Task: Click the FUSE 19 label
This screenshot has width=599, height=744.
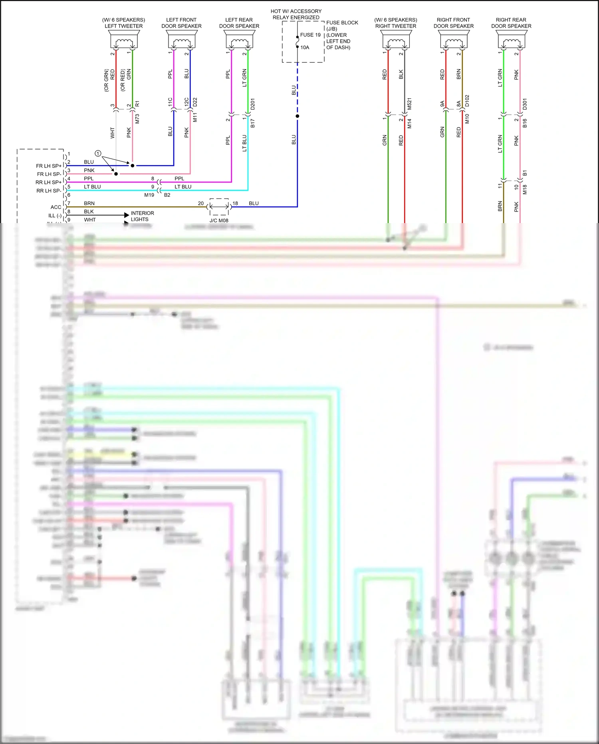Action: tap(310, 35)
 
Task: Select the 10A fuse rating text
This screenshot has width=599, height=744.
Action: tap(305, 48)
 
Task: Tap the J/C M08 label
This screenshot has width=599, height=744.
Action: tap(219, 220)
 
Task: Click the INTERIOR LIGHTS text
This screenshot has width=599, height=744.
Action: tap(142, 216)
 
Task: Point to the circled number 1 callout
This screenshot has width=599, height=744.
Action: tap(98, 154)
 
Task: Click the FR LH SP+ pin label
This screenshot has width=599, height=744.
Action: tap(49, 166)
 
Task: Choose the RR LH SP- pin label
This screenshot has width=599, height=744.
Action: tap(49, 191)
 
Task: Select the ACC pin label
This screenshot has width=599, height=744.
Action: tap(56, 207)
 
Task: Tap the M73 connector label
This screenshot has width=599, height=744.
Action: tap(137, 118)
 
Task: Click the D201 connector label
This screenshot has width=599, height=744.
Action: tap(252, 104)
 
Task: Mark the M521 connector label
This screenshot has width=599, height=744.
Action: tap(409, 104)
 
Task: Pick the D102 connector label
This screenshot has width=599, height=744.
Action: tap(467, 101)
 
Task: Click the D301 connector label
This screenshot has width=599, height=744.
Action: tap(525, 104)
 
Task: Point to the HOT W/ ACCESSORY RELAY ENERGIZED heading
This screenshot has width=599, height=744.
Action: tap(296, 14)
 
